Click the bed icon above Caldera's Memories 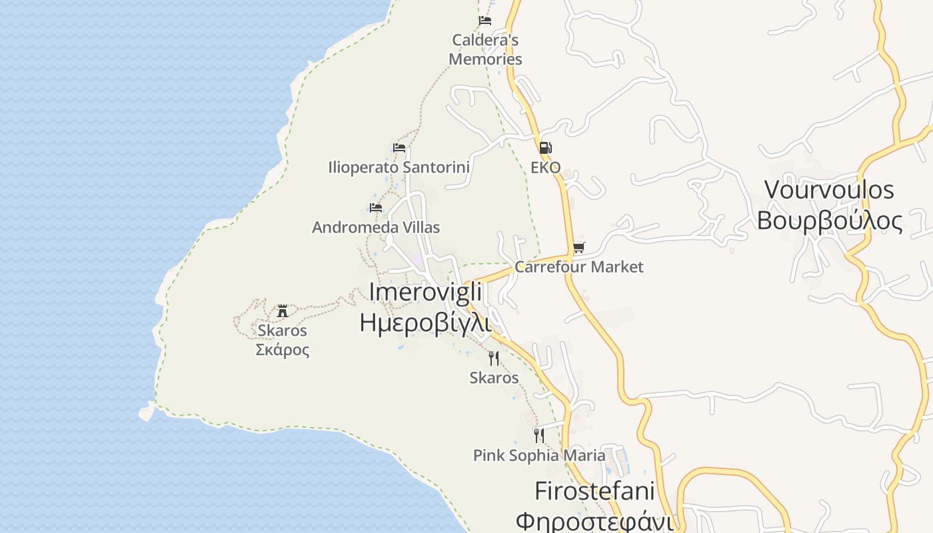click(x=485, y=21)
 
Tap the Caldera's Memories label click(x=485, y=49)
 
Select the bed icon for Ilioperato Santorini click(x=399, y=148)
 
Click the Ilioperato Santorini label click(x=399, y=167)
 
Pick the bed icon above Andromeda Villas click(x=376, y=208)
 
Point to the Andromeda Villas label click(x=376, y=227)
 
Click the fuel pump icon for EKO click(x=545, y=148)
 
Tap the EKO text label click(x=545, y=167)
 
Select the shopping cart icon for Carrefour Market click(x=578, y=248)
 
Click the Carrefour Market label click(x=578, y=267)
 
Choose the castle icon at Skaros click(x=283, y=310)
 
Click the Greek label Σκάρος click(x=283, y=350)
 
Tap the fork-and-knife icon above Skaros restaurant click(x=494, y=358)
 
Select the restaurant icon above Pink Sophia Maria click(x=539, y=436)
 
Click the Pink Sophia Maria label click(x=539, y=456)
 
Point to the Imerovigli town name click(x=425, y=292)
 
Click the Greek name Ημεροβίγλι click(x=425, y=322)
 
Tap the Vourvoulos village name click(x=829, y=190)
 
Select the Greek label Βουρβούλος click(x=829, y=221)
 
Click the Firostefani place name click(x=594, y=492)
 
